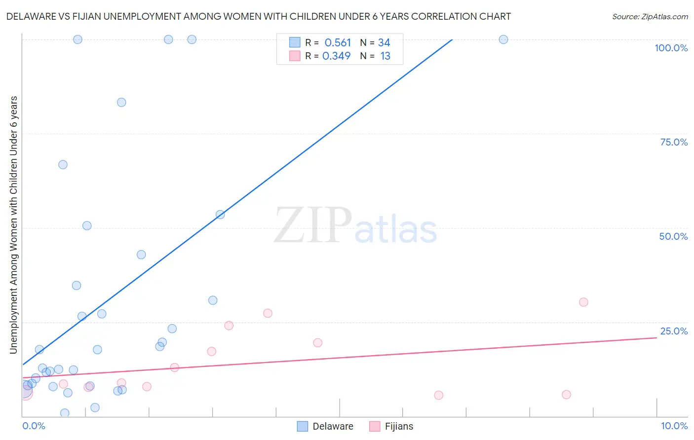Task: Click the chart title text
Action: pyautogui.click(x=258, y=16)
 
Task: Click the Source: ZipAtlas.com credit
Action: pyautogui.click(x=650, y=16)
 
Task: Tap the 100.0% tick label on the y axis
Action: pyautogui.click(x=671, y=48)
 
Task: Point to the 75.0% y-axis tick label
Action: pyautogui.click(x=674, y=142)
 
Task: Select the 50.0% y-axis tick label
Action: pyautogui.click(x=673, y=236)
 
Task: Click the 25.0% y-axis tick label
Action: pyautogui.click(x=674, y=331)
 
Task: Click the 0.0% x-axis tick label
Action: pyautogui.click(x=34, y=426)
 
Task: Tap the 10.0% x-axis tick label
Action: pyautogui.click(x=674, y=426)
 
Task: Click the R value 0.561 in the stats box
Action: pyautogui.click(x=338, y=43)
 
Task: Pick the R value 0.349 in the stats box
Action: pyautogui.click(x=337, y=56)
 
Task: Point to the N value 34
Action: pyautogui.click(x=384, y=43)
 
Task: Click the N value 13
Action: pyautogui.click(x=385, y=56)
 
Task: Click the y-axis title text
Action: pyautogui.click(x=14, y=224)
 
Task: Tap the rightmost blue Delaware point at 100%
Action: pyautogui.click(x=503, y=39)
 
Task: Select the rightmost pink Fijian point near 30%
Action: pyautogui.click(x=583, y=302)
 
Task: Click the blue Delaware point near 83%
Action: pyautogui.click(x=121, y=103)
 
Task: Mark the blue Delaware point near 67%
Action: pyautogui.click(x=63, y=165)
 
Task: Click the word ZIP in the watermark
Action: pyautogui.click(x=312, y=226)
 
